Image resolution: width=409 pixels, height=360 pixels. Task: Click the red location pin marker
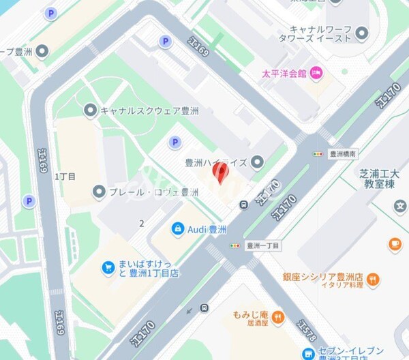point(219,171)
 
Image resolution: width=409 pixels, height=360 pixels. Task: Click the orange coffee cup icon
point(394,243)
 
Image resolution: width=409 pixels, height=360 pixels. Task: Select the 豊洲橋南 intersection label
point(343,154)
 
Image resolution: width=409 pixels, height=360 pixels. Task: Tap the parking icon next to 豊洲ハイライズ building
point(175,142)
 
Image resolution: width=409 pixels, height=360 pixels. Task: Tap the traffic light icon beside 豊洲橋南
point(318,154)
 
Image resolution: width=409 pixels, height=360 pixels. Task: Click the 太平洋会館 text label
point(284,73)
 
